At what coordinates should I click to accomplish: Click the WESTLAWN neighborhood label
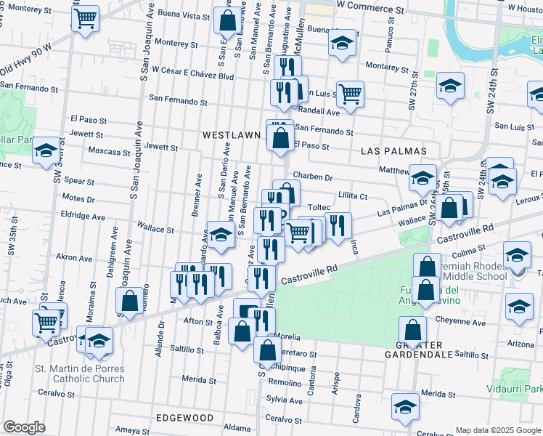231,136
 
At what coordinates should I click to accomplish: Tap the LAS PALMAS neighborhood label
393,150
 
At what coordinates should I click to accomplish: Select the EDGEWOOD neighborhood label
184,418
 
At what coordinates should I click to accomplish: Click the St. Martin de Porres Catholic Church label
80,374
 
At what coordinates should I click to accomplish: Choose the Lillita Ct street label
353,196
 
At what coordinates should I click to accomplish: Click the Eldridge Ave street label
86,216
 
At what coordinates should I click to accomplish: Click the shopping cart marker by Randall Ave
350,92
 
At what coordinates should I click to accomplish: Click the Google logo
24,427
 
